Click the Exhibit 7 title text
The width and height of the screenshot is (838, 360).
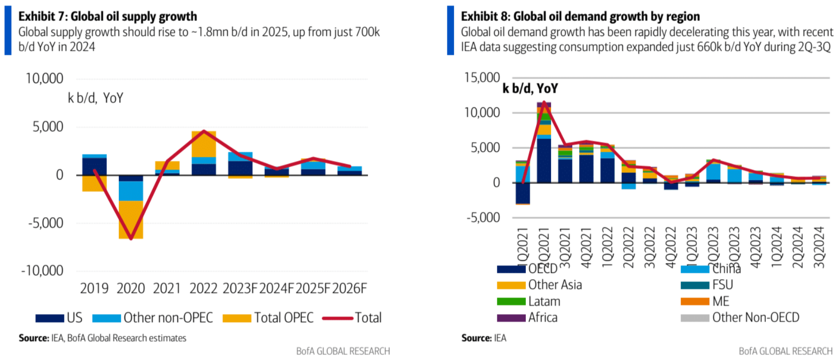pyautogui.click(x=108, y=16)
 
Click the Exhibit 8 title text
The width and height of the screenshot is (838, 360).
pyautogui.click(x=580, y=16)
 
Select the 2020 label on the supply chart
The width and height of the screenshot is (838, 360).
pyautogui.click(x=130, y=289)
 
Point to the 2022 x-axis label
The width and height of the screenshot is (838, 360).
pyautogui.click(x=203, y=289)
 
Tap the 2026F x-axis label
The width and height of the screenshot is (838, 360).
pyautogui.click(x=349, y=289)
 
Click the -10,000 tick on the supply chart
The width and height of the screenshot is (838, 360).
pyautogui.click(x=42, y=271)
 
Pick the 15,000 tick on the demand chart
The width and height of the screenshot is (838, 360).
pyautogui.click(x=482, y=78)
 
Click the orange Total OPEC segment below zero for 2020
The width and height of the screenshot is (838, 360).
pyautogui.click(x=130, y=219)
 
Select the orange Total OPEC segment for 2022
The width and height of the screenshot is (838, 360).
pyautogui.click(x=204, y=144)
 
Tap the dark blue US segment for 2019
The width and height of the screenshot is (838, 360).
pyautogui.click(x=94, y=166)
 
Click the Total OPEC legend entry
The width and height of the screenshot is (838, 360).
pyautogui.click(x=284, y=318)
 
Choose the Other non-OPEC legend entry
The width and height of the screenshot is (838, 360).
pyautogui.click(x=168, y=318)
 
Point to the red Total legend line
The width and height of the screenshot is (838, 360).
pyautogui.click(x=337, y=318)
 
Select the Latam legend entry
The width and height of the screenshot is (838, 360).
pyautogui.click(x=544, y=301)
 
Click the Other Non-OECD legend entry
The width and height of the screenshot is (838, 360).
pyautogui.click(x=755, y=318)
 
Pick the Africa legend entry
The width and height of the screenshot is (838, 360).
pyautogui.click(x=542, y=318)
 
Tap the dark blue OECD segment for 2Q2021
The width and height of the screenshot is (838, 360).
pyautogui.click(x=544, y=160)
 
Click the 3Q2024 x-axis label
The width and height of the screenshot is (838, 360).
pyautogui.click(x=819, y=247)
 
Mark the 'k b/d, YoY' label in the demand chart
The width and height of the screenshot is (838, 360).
pyautogui.click(x=530, y=89)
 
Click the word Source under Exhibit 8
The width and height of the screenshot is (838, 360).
pyautogui.click(x=476, y=338)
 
